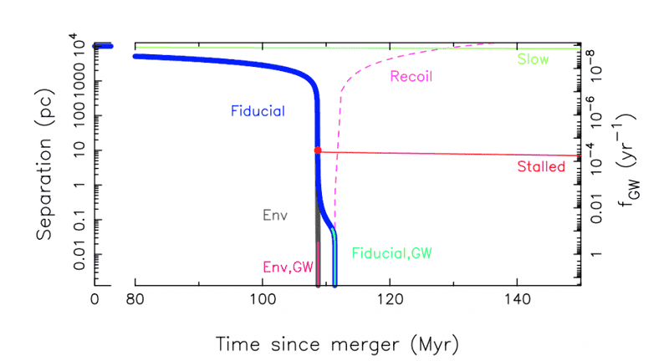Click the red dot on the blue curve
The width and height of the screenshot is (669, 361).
[317, 150]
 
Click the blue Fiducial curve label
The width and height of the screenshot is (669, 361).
[258, 110]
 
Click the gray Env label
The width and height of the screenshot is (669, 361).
[275, 215]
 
